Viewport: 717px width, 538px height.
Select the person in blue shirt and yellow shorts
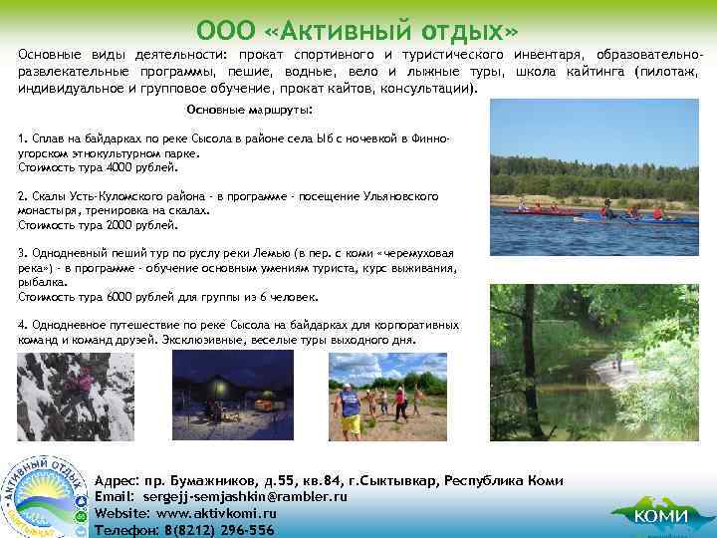(x=351, y=408)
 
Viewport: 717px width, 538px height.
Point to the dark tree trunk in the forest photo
(x=526, y=359)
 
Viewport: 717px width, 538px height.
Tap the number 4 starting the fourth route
(x=22, y=325)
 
